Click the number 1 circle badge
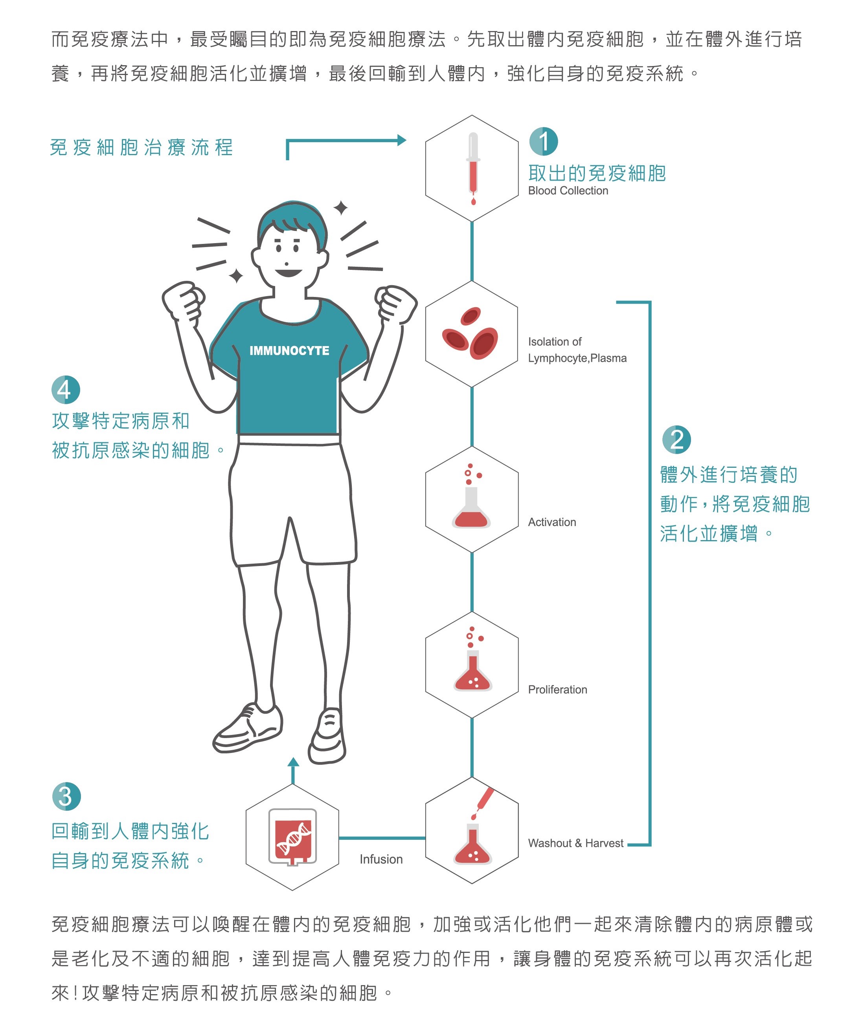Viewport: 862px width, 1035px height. click(x=544, y=141)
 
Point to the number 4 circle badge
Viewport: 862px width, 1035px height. click(x=66, y=390)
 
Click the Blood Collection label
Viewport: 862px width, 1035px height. click(x=568, y=191)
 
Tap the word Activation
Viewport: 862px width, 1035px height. click(x=552, y=522)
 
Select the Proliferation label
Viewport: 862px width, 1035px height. click(x=557, y=689)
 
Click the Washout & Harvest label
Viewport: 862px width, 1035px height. click(x=575, y=843)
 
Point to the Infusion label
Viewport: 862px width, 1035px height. click(x=381, y=859)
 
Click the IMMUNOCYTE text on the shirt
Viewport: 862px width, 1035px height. click(x=289, y=350)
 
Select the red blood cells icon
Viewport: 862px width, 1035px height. click(x=470, y=333)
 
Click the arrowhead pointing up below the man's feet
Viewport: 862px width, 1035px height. click(x=293, y=762)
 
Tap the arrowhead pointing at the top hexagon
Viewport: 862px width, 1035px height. click(x=401, y=141)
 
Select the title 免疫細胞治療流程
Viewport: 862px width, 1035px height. click(x=142, y=147)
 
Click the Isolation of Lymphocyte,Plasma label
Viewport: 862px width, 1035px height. click(x=577, y=350)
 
